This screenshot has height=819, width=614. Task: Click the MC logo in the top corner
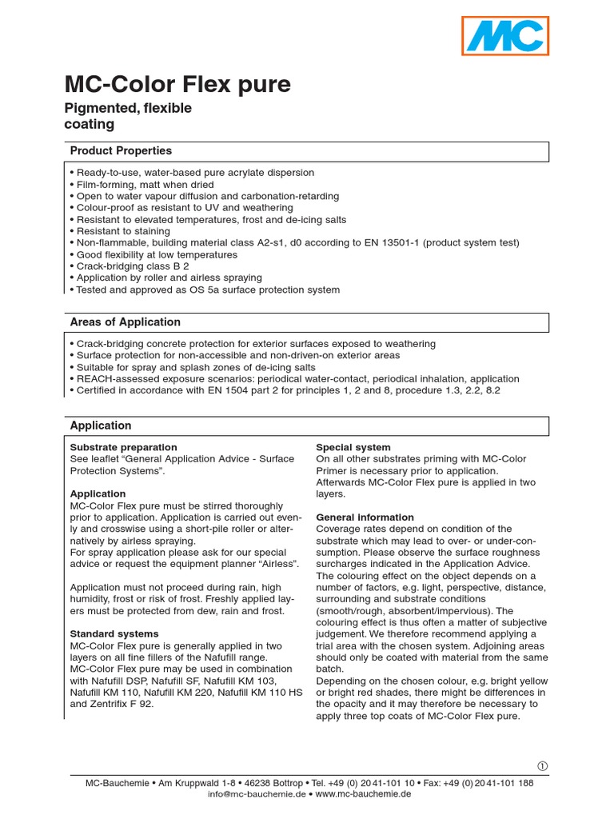coord(505,36)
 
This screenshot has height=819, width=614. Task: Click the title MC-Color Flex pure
coord(177,85)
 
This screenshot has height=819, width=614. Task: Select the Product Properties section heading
coord(121,150)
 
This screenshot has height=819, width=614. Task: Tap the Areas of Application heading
coord(126,322)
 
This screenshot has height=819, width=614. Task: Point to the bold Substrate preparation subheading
coord(124,447)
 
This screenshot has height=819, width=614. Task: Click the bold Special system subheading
coord(353,447)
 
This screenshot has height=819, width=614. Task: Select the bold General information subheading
coord(365,517)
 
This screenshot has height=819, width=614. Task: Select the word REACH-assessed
coord(117,378)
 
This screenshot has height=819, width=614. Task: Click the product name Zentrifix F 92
coord(122,705)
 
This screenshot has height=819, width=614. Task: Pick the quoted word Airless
coord(278,564)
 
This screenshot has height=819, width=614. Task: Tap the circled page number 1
coord(543,765)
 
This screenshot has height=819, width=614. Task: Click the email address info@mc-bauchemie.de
coord(257,794)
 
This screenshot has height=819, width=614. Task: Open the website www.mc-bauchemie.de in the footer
coord(364,794)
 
